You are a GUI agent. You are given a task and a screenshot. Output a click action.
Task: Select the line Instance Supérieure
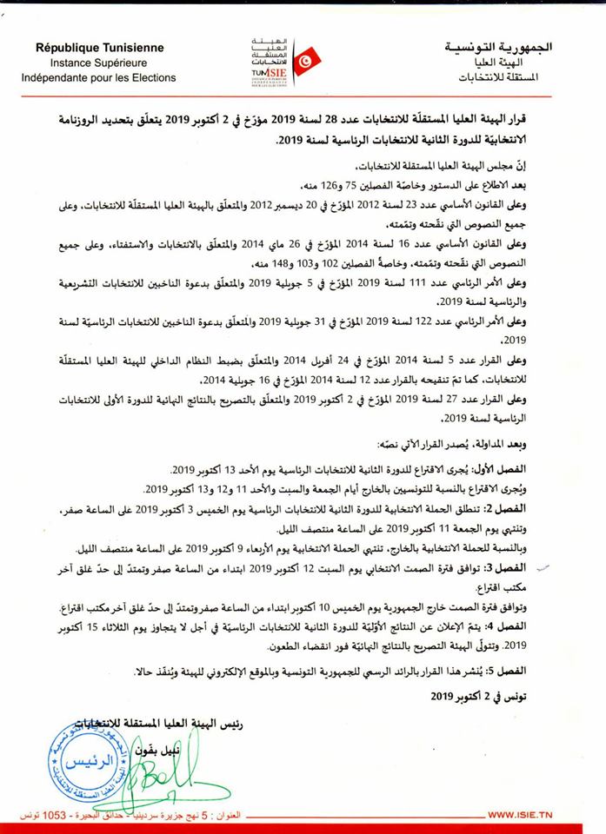coord(98,63)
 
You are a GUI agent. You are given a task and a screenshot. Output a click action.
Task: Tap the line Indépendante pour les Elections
coord(99,78)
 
